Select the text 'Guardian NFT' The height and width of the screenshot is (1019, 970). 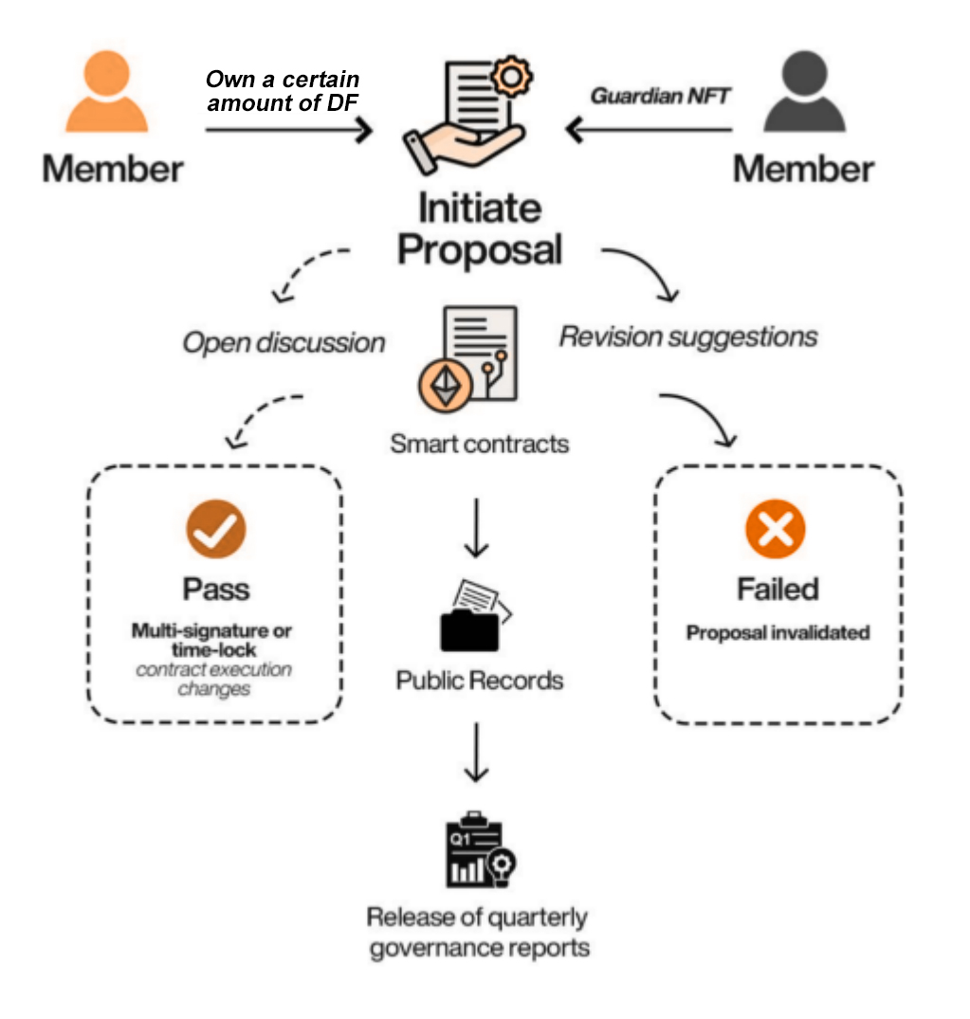tap(661, 96)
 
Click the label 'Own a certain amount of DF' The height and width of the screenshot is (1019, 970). tap(283, 90)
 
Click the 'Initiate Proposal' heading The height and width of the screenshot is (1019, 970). tap(479, 228)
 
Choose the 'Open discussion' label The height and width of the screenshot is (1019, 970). tap(284, 342)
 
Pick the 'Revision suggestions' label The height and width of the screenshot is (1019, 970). tap(687, 337)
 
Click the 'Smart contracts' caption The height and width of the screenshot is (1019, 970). tap(480, 443)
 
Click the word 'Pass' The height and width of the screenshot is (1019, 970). tap(215, 589)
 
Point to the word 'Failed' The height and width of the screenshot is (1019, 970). tap(778, 589)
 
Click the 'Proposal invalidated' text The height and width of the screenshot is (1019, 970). tap(778, 632)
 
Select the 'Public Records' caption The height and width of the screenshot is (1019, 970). tap(480, 681)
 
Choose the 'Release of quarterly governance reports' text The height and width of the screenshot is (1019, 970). tap(478, 932)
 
